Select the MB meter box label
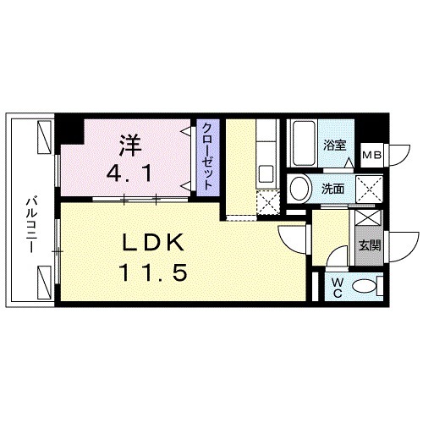click(371, 157)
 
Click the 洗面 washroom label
click(332, 188)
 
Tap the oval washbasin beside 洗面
click(299, 188)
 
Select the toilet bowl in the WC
click(367, 285)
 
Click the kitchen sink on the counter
click(264, 174)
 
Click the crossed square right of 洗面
click(366, 188)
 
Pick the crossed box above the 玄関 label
click(368, 217)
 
